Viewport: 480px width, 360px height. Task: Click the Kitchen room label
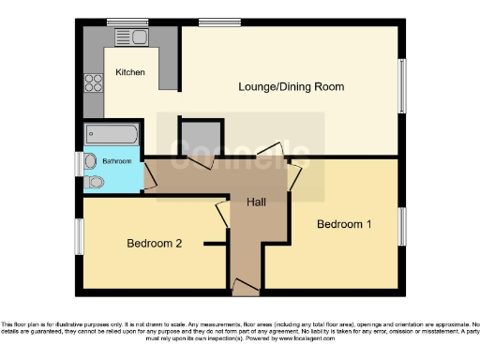pyautogui.click(x=130, y=72)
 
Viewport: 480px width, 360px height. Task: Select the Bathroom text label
pyautogui.click(x=117, y=161)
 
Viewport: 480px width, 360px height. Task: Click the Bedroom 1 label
pyautogui.click(x=343, y=225)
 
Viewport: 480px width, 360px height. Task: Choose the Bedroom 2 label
pyautogui.click(x=154, y=244)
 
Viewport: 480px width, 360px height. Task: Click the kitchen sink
pyautogui.click(x=127, y=37)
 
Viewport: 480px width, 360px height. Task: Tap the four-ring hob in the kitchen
pyautogui.click(x=94, y=82)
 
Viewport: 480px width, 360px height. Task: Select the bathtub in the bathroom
pyautogui.click(x=112, y=134)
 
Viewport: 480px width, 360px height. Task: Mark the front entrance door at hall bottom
pyautogui.click(x=246, y=283)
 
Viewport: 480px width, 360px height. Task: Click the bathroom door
pyautogui.click(x=148, y=174)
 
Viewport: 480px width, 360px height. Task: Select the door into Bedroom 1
pyautogui.click(x=295, y=173)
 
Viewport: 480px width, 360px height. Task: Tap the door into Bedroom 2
pyautogui.click(x=221, y=213)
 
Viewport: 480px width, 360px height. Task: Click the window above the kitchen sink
pyautogui.click(x=121, y=22)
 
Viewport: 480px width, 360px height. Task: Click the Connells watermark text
pyautogui.click(x=239, y=154)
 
